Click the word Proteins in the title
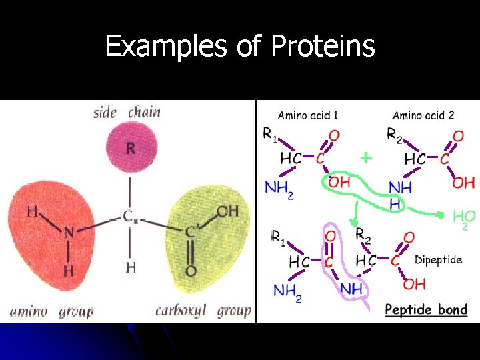(323, 47)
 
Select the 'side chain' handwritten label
(127, 111)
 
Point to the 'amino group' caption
(51, 311)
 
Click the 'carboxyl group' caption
(203, 311)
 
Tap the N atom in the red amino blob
(69, 233)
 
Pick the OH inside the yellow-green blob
(227, 212)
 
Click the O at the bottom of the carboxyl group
(191, 271)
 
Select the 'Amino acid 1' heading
(307, 115)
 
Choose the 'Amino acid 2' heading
(423, 115)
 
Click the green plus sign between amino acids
(365, 158)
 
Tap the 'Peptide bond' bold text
(427, 309)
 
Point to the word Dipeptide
(438, 260)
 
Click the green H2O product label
(464, 218)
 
